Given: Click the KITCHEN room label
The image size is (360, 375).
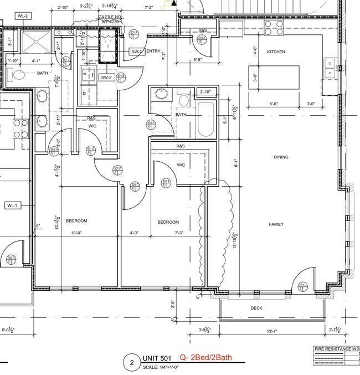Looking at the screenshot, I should [276, 52].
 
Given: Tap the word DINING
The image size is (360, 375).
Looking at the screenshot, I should [281, 157].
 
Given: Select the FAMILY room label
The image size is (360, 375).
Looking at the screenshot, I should [276, 224].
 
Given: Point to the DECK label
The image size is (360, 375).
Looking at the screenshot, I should [256, 308].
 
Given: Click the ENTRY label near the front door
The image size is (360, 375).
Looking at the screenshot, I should [153, 52].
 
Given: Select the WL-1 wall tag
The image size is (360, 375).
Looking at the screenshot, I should [12, 206].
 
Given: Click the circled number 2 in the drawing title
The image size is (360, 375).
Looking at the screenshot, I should [132, 364].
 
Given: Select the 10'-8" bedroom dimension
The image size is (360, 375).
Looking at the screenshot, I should [76, 233].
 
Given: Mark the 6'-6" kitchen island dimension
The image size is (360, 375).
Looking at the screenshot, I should [274, 104].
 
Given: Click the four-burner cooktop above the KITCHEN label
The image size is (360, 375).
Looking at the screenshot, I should [272, 28].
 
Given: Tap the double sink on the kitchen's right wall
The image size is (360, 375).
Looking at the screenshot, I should [330, 66].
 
